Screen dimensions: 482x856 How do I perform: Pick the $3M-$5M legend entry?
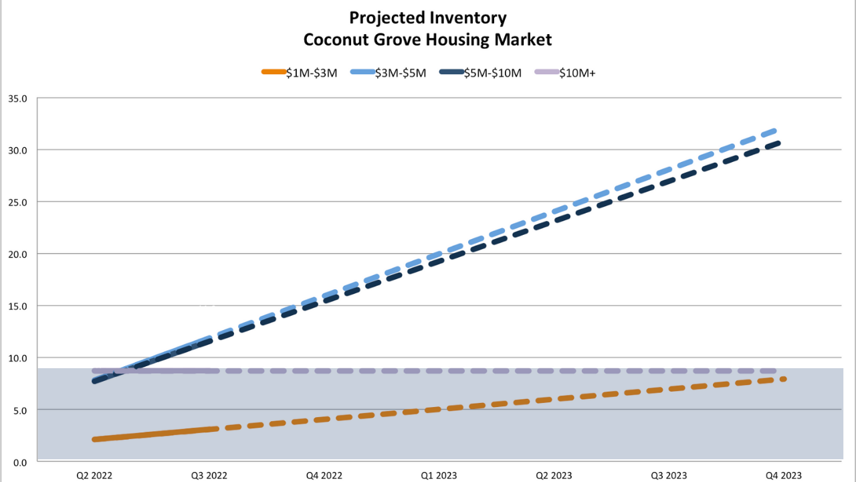click(388, 73)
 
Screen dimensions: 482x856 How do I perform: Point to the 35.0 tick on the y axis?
click(17, 98)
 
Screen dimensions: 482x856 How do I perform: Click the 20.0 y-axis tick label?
click(17, 254)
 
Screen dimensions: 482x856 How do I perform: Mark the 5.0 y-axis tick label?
click(19, 410)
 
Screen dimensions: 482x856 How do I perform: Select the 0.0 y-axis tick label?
click(19, 462)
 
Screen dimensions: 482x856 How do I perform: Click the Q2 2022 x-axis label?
click(95, 475)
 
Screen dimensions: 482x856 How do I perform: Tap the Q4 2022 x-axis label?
click(324, 475)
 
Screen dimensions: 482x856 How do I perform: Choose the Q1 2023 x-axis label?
click(438, 475)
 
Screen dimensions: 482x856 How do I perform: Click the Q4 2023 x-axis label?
click(782, 475)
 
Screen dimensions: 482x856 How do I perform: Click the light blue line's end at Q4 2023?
click(774, 131)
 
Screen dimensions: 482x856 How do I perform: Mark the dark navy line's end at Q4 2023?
click(777, 142)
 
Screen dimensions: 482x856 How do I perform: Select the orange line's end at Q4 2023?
click(782, 379)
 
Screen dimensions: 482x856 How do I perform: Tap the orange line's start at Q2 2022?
click(96, 439)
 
